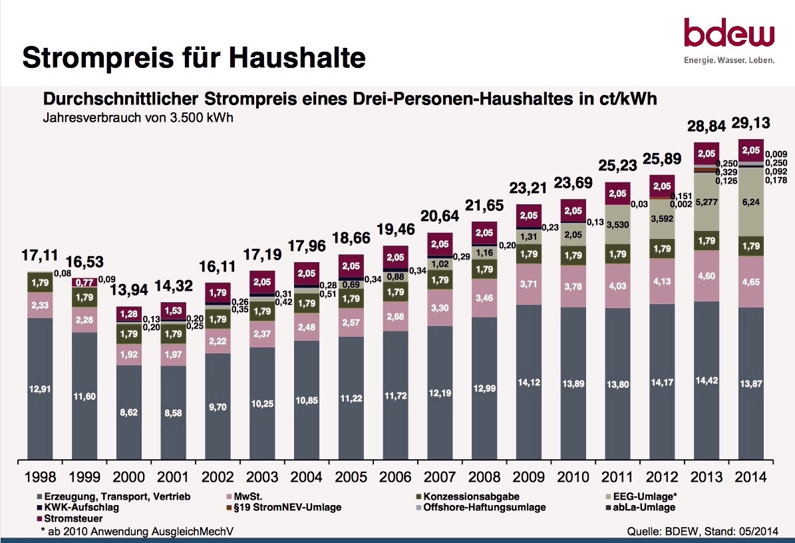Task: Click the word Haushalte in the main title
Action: click(298, 59)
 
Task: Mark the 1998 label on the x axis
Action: click(40, 477)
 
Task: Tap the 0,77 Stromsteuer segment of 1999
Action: click(84, 281)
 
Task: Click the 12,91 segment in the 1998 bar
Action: click(40, 389)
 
